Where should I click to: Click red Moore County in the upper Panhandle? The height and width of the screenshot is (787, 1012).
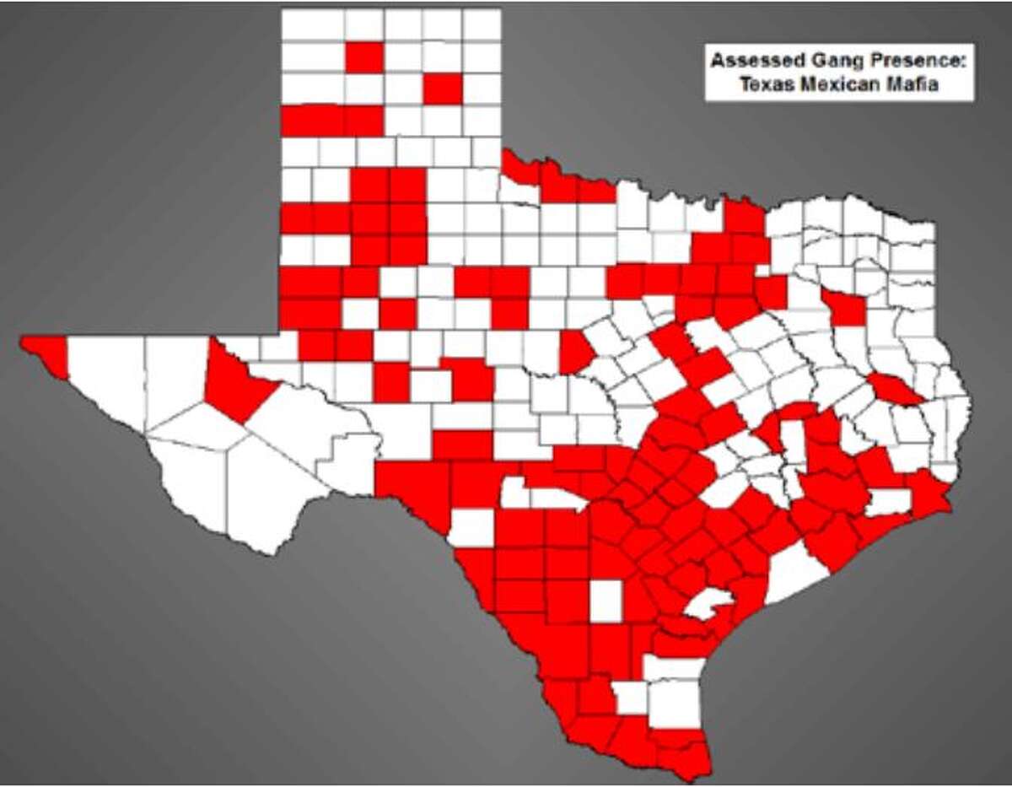(364, 57)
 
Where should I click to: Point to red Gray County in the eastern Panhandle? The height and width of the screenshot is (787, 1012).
(443, 89)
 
